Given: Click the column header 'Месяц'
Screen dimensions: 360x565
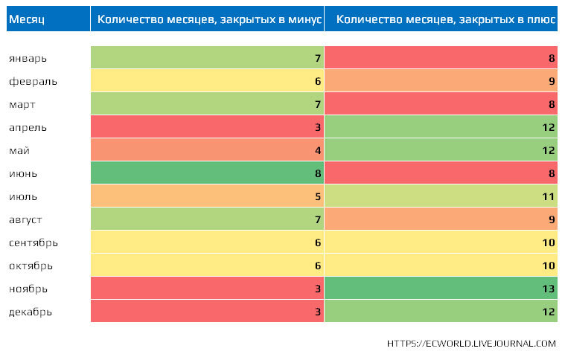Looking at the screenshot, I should click(27, 19).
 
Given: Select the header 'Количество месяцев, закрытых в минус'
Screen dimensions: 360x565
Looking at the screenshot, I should click(209, 19).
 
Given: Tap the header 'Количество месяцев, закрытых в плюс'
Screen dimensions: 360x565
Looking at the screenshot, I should click(445, 19).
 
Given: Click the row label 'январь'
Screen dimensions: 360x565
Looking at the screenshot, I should click(28, 58).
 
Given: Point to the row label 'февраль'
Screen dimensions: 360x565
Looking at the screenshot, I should click(33, 81).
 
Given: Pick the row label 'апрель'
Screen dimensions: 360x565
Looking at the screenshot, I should click(28, 127).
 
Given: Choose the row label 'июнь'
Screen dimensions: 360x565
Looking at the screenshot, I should click(23, 173).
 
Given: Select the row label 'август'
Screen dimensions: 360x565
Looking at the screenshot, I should click(25, 219).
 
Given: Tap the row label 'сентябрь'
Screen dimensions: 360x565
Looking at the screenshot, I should click(33, 242).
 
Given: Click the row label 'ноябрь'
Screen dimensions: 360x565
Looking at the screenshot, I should click(28, 289).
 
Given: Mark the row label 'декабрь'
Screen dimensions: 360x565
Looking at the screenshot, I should click(31, 312).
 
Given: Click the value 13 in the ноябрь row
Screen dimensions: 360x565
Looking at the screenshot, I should click(549, 289).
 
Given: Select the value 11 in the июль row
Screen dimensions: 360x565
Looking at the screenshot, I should click(549, 196).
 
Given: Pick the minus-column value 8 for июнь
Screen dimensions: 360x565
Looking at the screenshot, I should click(318, 173).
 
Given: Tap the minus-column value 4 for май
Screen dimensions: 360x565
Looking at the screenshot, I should click(318, 150).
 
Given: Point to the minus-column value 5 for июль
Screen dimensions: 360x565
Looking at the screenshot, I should click(318, 196).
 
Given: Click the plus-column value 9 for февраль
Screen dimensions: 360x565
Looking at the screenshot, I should click(552, 81).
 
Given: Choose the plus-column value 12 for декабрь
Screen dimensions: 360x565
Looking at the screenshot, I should click(549, 312).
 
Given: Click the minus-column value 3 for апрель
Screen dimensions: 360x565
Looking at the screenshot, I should click(318, 127).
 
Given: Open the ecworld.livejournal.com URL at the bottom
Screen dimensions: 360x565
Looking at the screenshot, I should click(471, 344).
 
